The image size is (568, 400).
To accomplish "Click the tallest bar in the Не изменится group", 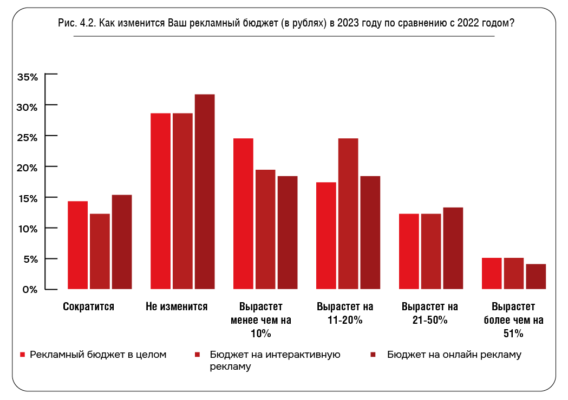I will click(x=205, y=191).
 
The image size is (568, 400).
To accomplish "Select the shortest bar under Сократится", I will click(x=100, y=251).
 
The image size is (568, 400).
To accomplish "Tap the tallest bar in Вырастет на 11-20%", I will click(x=348, y=214).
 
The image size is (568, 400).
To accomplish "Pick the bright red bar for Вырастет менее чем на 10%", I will click(x=243, y=214).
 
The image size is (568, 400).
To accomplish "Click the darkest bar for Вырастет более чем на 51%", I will click(x=536, y=276).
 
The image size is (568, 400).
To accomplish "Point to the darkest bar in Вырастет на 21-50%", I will click(x=453, y=248).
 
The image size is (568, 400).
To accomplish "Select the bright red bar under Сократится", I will click(x=77, y=245).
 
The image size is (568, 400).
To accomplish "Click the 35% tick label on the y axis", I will click(x=28, y=77).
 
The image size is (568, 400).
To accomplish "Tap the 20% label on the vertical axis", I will click(x=28, y=168).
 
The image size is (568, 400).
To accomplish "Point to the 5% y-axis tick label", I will click(x=30, y=259).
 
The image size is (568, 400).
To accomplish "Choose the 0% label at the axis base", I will click(x=30, y=289).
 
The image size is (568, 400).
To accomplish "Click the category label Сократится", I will click(x=89, y=306).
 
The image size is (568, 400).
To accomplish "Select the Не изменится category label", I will click(x=177, y=306).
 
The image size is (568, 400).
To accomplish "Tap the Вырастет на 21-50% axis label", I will click(x=430, y=313).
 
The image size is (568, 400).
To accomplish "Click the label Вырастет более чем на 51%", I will click(x=513, y=320).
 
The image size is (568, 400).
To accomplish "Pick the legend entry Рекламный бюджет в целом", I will click(x=98, y=355).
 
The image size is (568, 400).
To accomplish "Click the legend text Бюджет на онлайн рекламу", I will click(x=454, y=355).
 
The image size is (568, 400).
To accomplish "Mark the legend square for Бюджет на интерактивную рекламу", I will click(x=198, y=355).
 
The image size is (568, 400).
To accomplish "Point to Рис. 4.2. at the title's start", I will click(x=76, y=24).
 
